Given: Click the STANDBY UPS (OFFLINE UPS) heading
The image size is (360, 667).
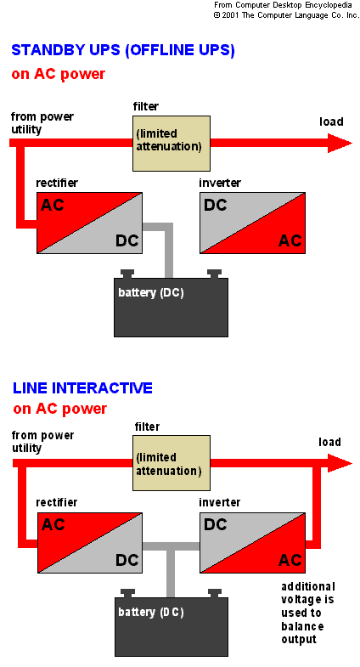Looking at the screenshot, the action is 123,50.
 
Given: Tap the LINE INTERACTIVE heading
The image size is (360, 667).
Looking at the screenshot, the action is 82,388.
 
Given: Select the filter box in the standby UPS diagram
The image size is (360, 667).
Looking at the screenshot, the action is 172,144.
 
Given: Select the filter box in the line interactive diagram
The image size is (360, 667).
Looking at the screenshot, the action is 172,463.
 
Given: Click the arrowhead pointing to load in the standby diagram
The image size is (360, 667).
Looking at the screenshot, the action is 340,143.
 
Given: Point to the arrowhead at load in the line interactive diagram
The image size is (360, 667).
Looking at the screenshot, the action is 340,463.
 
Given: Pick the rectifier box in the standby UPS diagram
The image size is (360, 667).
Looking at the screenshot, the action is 89,223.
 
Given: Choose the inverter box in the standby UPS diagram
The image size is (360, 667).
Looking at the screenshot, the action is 252,223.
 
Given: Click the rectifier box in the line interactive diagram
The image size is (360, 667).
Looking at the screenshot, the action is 90,543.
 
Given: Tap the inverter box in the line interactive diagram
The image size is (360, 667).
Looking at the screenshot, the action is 252,543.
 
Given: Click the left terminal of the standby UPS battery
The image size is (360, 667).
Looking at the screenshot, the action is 127,274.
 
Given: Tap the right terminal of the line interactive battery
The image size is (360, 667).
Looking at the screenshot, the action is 215,593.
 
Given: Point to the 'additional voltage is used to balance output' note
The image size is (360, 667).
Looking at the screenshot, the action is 307,613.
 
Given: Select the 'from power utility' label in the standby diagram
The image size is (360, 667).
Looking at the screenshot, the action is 42,123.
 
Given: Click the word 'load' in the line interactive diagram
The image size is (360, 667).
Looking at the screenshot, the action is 329,442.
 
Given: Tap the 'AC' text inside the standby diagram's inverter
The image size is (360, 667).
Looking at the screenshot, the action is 290,240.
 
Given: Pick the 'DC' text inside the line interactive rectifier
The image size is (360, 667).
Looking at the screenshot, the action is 127,560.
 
